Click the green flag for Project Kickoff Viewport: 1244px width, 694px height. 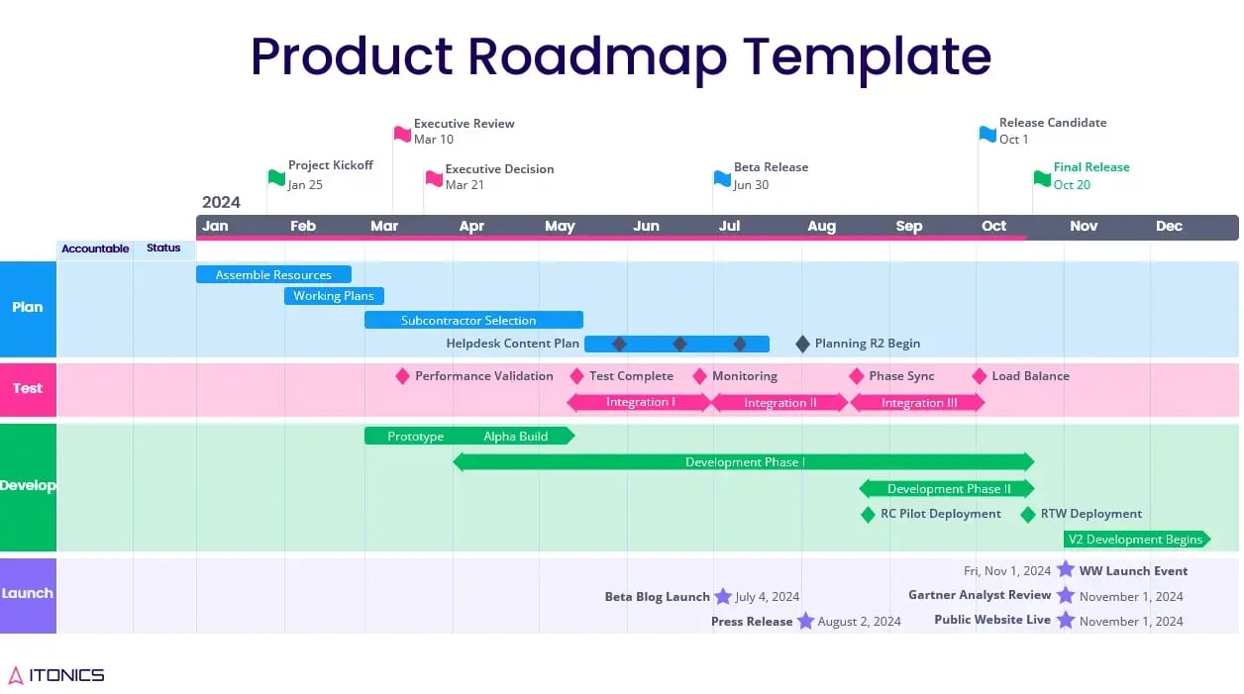(x=276, y=177)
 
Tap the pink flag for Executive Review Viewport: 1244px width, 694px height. (x=402, y=133)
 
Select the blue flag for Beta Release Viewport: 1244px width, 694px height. (x=722, y=178)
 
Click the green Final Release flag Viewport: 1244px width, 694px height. (x=1042, y=178)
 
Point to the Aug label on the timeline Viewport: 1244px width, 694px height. (x=821, y=227)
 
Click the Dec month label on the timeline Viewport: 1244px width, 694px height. (x=1169, y=227)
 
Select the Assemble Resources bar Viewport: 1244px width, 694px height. (x=273, y=274)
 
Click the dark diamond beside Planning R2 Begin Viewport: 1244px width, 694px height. (x=802, y=344)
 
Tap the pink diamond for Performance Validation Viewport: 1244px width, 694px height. (x=402, y=376)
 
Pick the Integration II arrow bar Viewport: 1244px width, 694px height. (x=779, y=402)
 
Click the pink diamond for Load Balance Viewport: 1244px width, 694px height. (x=980, y=376)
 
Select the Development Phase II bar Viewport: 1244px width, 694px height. (x=947, y=488)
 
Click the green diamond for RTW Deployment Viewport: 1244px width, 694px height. (x=1028, y=514)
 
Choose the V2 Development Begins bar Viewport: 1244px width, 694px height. (x=1136, y=540)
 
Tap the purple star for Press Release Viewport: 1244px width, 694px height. (x=805, y=621)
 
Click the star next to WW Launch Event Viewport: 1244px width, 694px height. (x=1065, y=569)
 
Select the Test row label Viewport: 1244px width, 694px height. (x=28, y=388)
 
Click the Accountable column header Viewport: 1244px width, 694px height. (x=95, y=248)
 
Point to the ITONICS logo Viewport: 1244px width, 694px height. (x=56, y=675)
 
